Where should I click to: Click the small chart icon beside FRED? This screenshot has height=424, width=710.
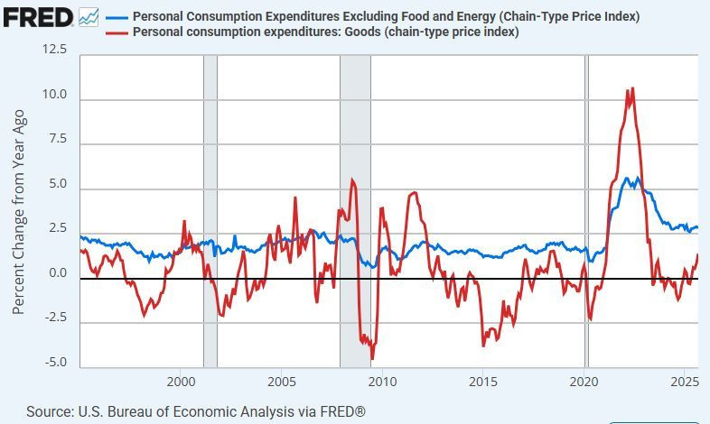tap(89, 16)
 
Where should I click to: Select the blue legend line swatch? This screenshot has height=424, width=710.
tap(117, 17)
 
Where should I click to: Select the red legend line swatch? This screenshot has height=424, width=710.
tap(117, 32)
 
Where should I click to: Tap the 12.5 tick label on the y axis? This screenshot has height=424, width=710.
tap(54, 50)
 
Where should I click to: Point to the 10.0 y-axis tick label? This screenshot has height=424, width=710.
tap(54, 95)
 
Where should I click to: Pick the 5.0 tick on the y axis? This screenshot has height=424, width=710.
tap(57, 184)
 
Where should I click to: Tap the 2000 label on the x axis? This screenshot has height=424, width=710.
tap(182, 383)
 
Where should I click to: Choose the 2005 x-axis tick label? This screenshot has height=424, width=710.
tap(282, 383)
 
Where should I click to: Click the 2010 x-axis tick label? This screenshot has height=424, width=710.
tap(383, 383)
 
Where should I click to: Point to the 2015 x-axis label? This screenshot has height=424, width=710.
tap(483, 383)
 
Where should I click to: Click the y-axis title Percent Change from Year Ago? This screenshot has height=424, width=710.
tap(18, 212)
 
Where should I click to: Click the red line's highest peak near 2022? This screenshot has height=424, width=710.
tap(632, 88)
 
